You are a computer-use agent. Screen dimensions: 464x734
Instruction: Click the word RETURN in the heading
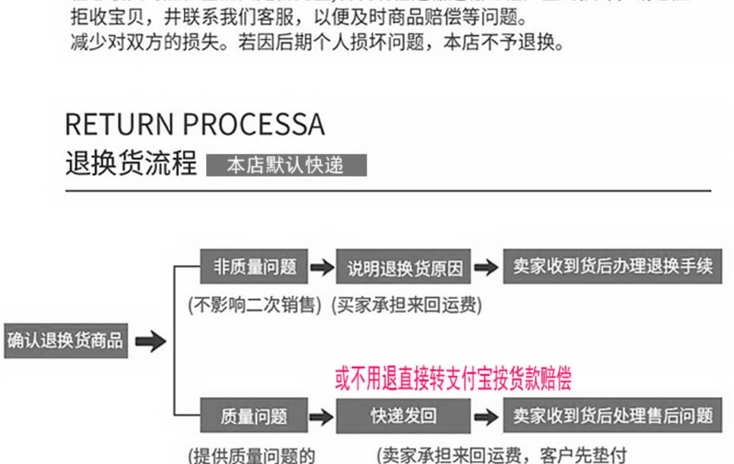[119, 124]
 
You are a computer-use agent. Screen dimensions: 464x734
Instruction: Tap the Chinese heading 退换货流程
[131, 163]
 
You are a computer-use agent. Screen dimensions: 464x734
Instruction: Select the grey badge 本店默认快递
[286, 166]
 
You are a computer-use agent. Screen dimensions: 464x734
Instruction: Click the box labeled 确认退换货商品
[66, 341]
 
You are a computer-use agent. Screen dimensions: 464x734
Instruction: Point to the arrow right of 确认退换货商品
[151, 342]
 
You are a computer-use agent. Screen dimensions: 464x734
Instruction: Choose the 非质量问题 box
[254, 267]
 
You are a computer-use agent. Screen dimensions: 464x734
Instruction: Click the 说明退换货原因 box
[403, 267]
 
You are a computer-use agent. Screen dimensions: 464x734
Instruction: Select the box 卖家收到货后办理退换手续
[612, 267]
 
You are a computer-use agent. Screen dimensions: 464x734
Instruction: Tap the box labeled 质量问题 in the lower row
[254, 416]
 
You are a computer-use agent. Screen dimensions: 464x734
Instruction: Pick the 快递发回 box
[403, 416]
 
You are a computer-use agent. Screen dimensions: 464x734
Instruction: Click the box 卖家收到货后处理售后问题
[612, 416]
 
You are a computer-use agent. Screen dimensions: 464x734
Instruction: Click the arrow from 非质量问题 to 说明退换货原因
[322, 267]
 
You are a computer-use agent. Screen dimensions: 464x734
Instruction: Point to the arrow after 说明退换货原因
[486, 267]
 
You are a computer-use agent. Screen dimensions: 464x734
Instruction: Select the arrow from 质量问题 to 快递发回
[321, 416]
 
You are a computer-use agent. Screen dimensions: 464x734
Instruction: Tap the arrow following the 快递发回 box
[486, 416]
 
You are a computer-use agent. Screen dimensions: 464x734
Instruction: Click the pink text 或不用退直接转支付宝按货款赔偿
[453, 379]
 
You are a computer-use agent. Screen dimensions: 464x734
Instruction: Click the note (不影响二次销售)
[255, 305]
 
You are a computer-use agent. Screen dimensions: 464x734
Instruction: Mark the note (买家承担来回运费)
[406, 305]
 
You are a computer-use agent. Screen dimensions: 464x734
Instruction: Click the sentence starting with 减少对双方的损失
[317, 43]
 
